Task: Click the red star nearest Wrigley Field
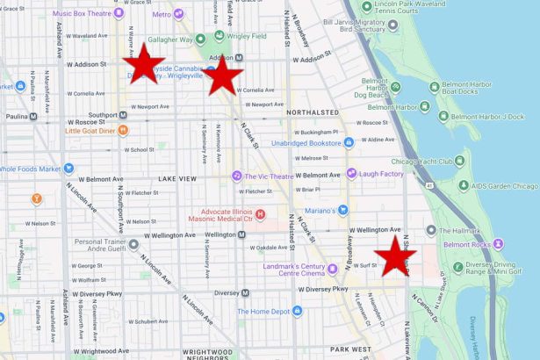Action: [224, 76]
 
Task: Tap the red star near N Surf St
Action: [395, 257]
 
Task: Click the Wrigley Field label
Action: [238, 39]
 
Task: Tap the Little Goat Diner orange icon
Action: [123, 131]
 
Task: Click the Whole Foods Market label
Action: [29, 169]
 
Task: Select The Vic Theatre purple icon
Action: [236, 176]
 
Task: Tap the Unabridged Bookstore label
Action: [306, 142]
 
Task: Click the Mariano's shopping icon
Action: [342, 210]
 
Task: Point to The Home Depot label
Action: [263, 311]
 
